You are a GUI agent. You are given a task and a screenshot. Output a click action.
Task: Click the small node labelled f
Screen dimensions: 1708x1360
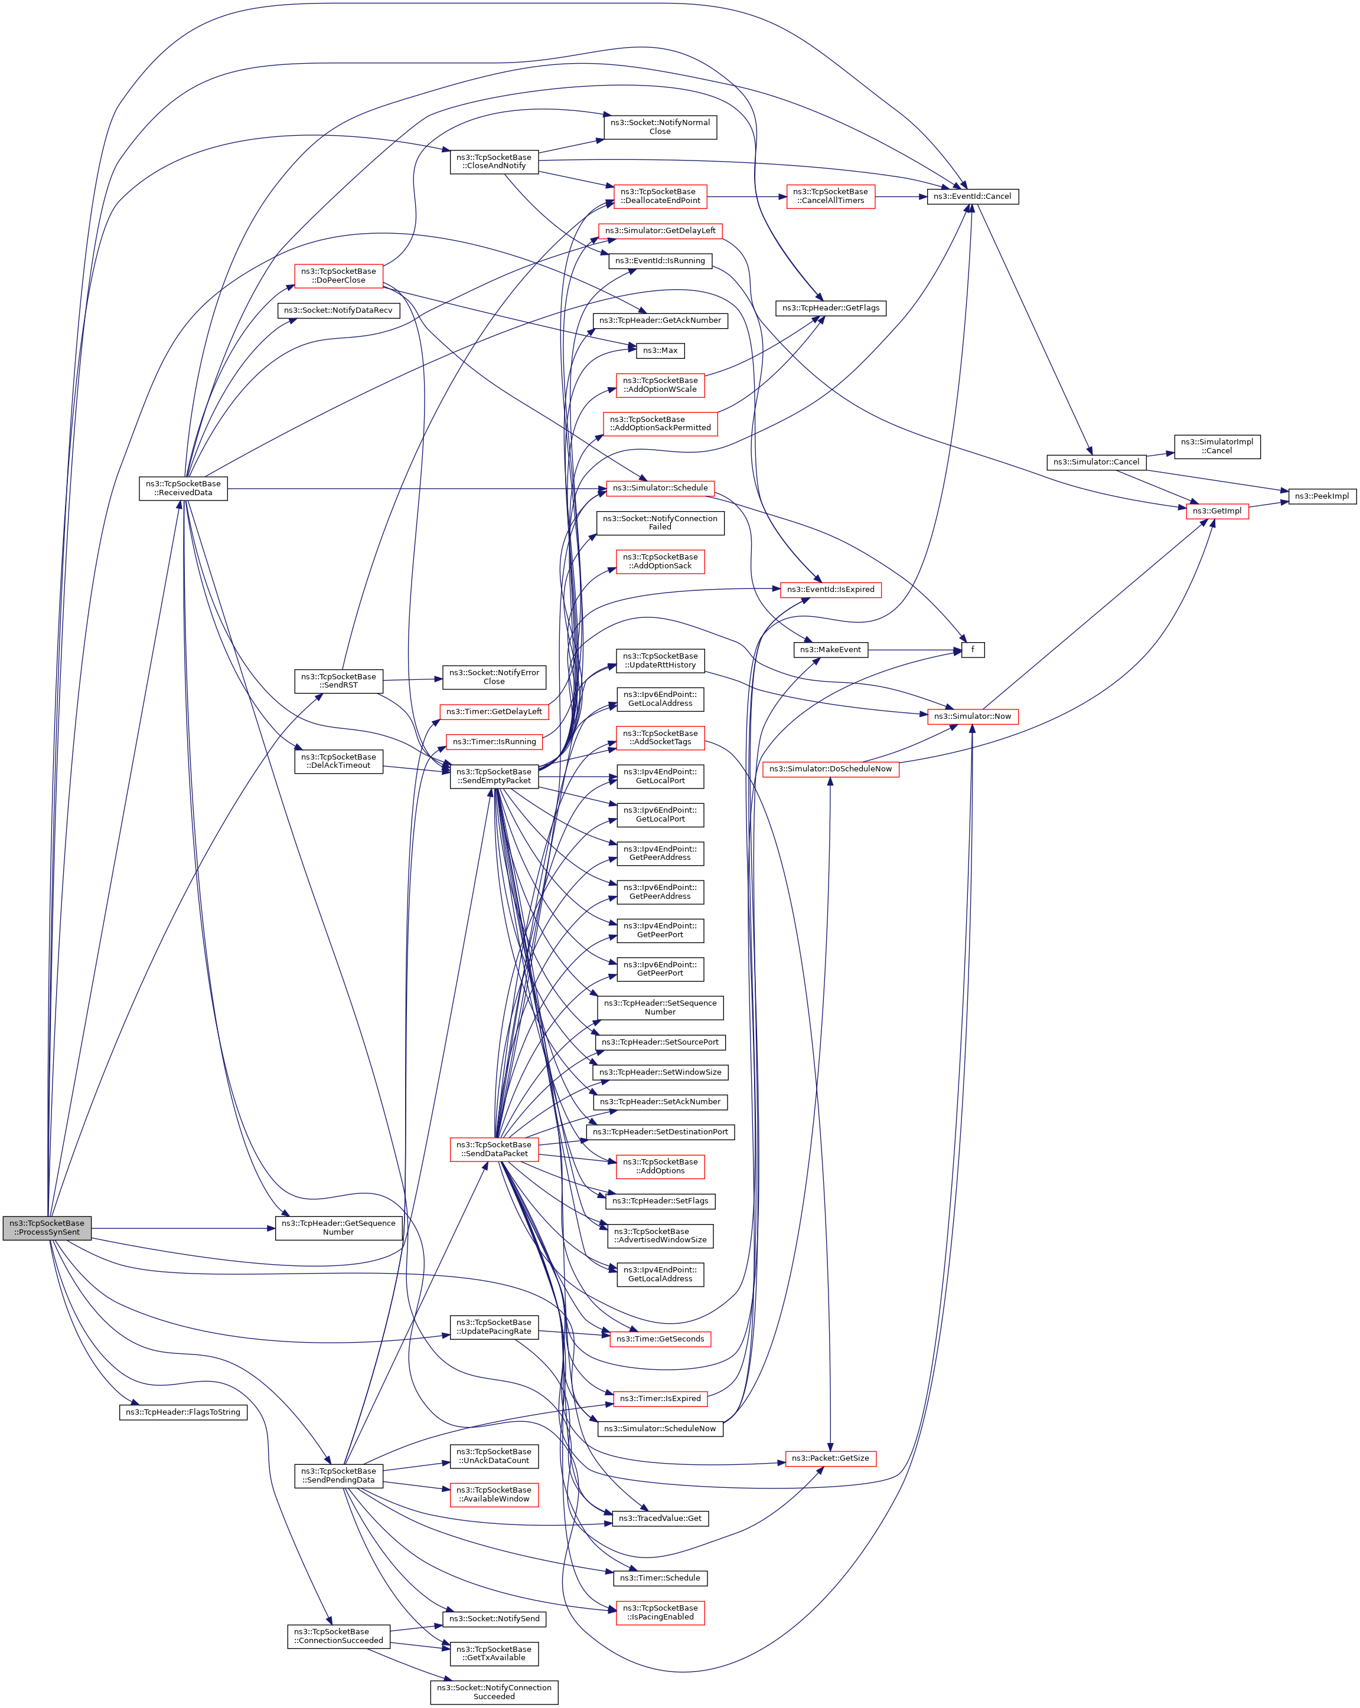click(x=973, y=650)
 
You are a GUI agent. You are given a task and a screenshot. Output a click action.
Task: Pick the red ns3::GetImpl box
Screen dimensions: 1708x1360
click(x=1217, y=511)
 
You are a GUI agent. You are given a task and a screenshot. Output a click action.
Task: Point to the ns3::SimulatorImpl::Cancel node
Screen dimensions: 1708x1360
click(x=1217, y=446)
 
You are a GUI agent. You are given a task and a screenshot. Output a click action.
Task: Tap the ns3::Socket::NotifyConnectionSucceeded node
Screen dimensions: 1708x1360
click(x=494, y=1691)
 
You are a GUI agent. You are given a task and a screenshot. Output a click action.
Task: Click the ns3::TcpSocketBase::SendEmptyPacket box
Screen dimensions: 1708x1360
click(x=494, y=776)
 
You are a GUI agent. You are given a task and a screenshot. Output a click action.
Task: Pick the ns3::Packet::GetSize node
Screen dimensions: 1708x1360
click(x=830, y=1458)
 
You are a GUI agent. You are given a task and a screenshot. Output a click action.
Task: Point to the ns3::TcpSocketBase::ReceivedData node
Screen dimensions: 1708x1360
click(x=183, y=488)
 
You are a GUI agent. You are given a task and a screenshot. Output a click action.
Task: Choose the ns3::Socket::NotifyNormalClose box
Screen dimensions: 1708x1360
click(x=660, y=127)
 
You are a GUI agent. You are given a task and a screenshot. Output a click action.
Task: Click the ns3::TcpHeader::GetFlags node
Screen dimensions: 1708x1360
click(x=830, y=307)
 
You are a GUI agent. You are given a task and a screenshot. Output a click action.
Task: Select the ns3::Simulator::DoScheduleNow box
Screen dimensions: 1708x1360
click(x=830, y=768)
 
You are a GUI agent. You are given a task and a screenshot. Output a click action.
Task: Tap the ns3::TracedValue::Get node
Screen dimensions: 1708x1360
click(x=660, y=1518)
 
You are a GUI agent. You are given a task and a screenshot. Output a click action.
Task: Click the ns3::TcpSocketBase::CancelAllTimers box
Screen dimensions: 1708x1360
click(x=830, y=197)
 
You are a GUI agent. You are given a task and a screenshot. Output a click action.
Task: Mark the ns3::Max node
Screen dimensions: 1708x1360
click(x=660, y=350)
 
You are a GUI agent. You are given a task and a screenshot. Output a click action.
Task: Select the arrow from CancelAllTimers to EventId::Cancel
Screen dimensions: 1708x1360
click(x=901, y=197)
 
